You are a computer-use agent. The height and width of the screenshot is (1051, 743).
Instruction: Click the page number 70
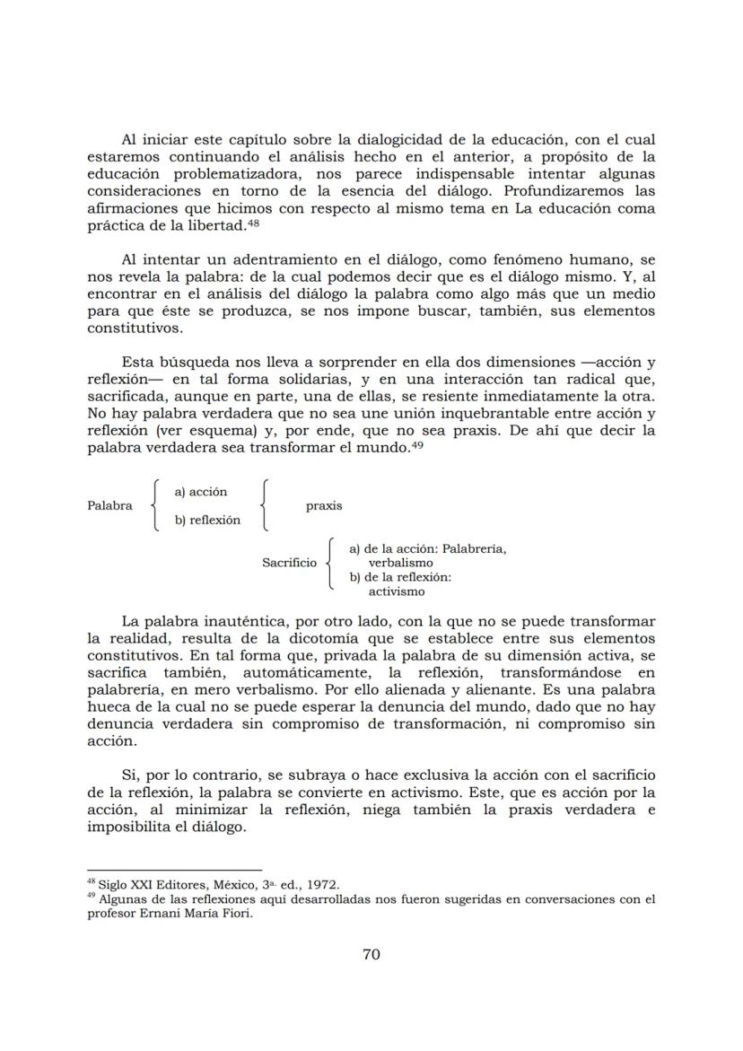[x=371, y=954]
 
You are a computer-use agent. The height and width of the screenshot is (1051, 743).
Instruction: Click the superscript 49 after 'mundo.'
[x=416, y=445]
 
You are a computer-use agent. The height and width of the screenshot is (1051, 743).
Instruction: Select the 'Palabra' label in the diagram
[x=109, y=505]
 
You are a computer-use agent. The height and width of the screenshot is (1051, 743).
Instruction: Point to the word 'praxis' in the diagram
[x=323, y=505]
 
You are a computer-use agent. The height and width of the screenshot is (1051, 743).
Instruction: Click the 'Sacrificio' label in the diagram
[x=289, y=563]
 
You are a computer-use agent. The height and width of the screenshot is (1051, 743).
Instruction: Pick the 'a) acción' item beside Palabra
[x=201, y=491]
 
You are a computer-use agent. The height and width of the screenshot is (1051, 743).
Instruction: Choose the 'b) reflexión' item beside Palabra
[x=207, y=520]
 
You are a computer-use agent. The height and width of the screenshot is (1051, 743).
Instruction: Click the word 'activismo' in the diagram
[x=397, y=591]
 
